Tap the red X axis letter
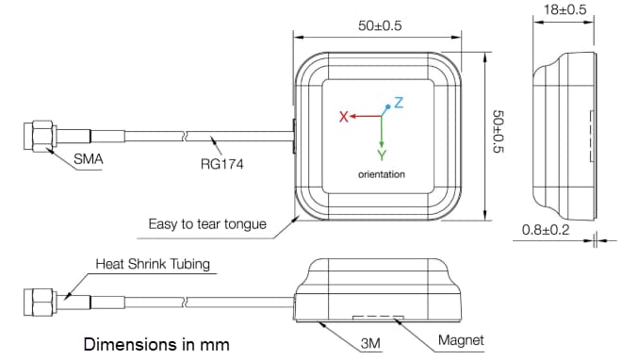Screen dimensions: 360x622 [x=344, y=117]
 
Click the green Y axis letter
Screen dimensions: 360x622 [x=381, y=154]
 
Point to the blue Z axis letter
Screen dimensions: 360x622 [x=399, y=103]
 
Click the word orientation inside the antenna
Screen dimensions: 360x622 [x=381, y=174]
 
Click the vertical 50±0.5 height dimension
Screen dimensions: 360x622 [x=500, y=132]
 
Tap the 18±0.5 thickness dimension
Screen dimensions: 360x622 [x=565, y=9]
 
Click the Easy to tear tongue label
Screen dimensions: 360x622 [x=207, y=224]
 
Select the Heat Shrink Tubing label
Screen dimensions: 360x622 [x=152, y=264]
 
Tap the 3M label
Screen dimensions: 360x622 [x=369, y=344]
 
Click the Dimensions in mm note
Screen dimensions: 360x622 [x=156, y=344]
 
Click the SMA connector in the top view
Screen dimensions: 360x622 [x=42, y=136]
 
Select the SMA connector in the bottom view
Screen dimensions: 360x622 [x=41, y=303]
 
